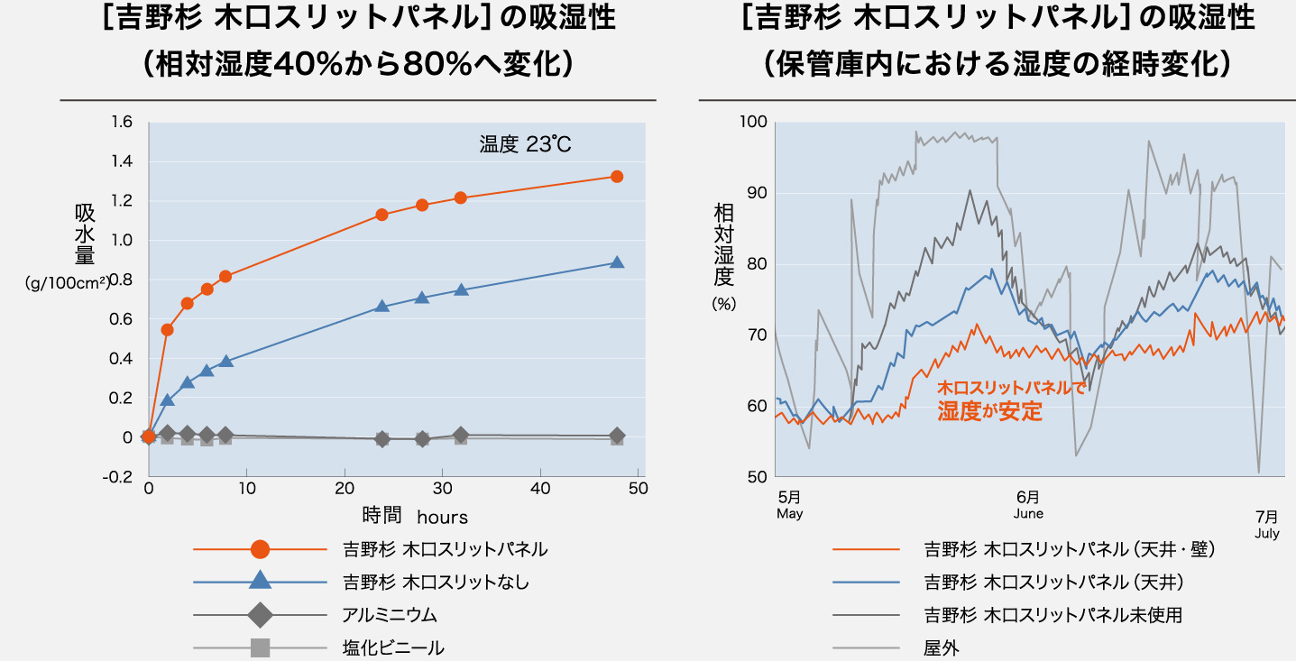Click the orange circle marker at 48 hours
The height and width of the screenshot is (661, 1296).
point(617,177)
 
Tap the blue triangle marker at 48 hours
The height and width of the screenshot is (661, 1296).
point(617,262)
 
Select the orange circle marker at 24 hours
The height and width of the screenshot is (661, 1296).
point(381,215)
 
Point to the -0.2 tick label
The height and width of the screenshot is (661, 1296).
point(120,476)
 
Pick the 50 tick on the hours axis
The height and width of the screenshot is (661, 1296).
point(638,489)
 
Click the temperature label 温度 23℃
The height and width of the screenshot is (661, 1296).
point(526,144)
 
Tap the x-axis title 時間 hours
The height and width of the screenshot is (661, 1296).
point(415,516)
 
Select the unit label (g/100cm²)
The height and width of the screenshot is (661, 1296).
point(68,282)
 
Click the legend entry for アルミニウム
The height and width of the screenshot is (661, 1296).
point(390,615)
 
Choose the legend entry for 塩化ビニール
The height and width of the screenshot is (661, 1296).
point(393,647)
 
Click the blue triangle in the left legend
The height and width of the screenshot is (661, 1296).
point(260,582)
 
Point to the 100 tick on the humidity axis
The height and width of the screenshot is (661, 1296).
point(752,122)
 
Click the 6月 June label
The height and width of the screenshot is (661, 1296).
point(1028,505)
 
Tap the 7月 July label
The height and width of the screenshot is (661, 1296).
point(1266,524)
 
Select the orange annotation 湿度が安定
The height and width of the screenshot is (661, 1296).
point(989,412)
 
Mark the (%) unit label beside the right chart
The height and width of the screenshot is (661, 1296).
point(724,305)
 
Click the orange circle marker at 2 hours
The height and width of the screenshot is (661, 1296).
point(167,329)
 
